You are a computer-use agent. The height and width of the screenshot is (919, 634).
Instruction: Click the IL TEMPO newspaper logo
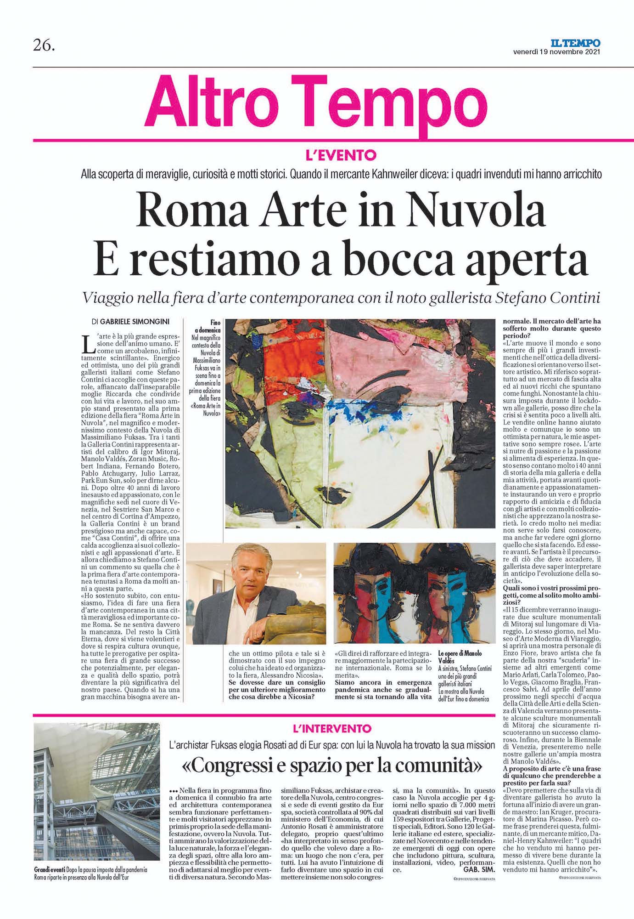point(580,43)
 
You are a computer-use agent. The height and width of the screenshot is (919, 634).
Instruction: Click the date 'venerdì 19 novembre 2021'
point(556,51)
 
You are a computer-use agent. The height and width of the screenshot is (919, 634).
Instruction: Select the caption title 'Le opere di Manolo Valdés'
point(460,657)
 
